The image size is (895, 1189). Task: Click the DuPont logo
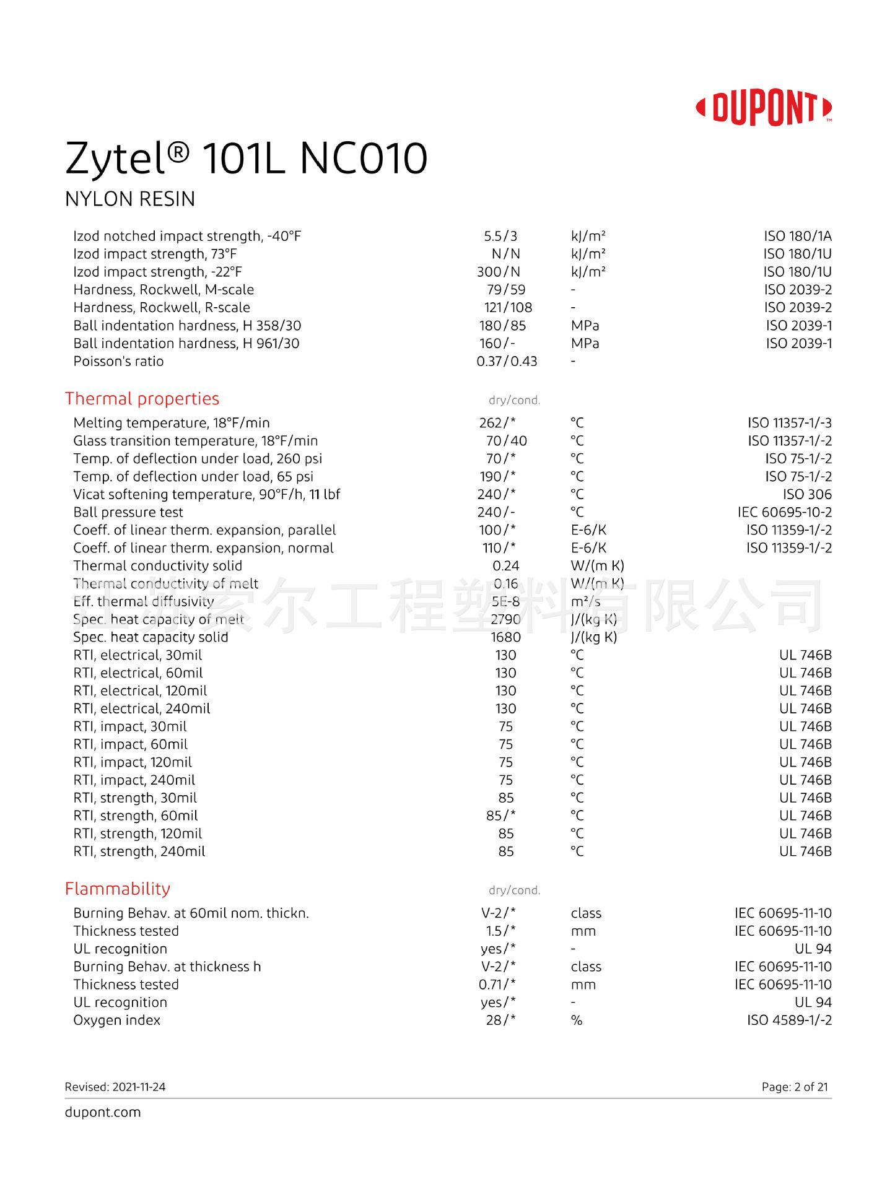(764, 108)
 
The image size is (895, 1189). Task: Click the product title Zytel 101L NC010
(246, 158)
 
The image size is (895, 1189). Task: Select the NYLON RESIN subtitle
(130, 199)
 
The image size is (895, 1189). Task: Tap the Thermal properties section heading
(142, 399)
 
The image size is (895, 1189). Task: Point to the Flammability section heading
(118, 889)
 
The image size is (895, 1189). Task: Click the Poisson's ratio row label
(118, 361)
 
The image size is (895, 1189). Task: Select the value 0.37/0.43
(507, 361)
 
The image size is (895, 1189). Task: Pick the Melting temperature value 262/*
(497, 423)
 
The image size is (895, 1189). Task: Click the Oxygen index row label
(116, 1020)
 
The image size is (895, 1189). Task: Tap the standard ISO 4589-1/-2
(789, 1020)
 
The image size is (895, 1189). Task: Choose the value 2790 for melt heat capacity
(505, 619)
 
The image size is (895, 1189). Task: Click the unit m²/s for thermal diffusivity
(585, 601)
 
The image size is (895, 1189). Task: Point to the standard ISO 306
(807, 494)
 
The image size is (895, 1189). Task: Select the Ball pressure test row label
(128, 512)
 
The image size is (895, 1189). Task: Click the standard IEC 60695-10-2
(785, 512)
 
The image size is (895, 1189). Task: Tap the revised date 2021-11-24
(115, 1087)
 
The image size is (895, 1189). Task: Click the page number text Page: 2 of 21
(795, 1087)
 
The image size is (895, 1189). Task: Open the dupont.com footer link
(103, 1112)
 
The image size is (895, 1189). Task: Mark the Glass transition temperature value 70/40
(506, 441)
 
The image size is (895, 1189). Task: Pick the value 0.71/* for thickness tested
(497, 985)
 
